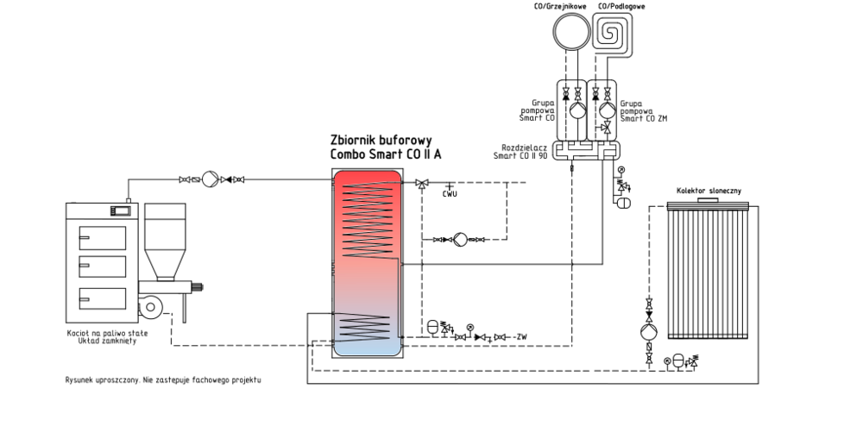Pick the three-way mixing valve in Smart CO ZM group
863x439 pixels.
[x=607, y=128]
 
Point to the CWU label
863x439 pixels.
[x=449, y=194]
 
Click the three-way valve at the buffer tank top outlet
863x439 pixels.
[x=421, y=183]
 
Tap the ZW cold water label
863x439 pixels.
[x=520, y=336]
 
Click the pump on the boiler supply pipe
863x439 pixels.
[x=208, y=179]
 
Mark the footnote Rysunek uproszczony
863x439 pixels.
[x=162, y=379]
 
